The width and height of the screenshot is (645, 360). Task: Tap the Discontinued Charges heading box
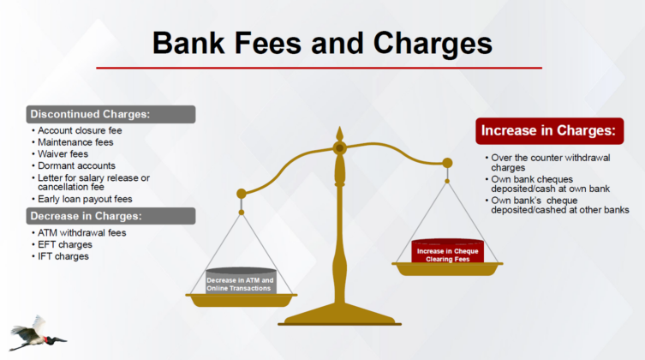(110, 114)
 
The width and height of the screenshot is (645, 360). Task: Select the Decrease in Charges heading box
(110, 216)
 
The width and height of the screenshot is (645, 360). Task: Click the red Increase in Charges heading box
(550, 131)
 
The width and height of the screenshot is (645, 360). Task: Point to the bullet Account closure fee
(80, 130)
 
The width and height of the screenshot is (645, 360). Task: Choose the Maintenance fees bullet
(75, 142)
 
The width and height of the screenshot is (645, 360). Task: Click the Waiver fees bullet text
(63, 154)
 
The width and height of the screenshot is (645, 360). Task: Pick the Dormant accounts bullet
(76, 165)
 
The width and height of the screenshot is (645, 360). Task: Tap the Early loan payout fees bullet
(85, 199)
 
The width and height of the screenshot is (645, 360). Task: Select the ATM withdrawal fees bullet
(82, 233)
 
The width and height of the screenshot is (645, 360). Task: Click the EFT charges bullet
(65, 245)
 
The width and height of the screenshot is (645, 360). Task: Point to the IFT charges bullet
(63, 256)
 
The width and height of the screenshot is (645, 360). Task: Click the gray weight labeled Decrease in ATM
(241, 281)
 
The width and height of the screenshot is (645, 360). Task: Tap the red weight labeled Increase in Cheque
(447, 251)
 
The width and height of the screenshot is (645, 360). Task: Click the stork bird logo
(37, 333)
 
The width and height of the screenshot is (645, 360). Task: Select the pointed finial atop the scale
(340, 134)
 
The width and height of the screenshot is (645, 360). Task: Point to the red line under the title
(320, 68)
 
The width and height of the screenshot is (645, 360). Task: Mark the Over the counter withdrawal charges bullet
(551, 163)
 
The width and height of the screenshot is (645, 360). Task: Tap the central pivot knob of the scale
(340, 147)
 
